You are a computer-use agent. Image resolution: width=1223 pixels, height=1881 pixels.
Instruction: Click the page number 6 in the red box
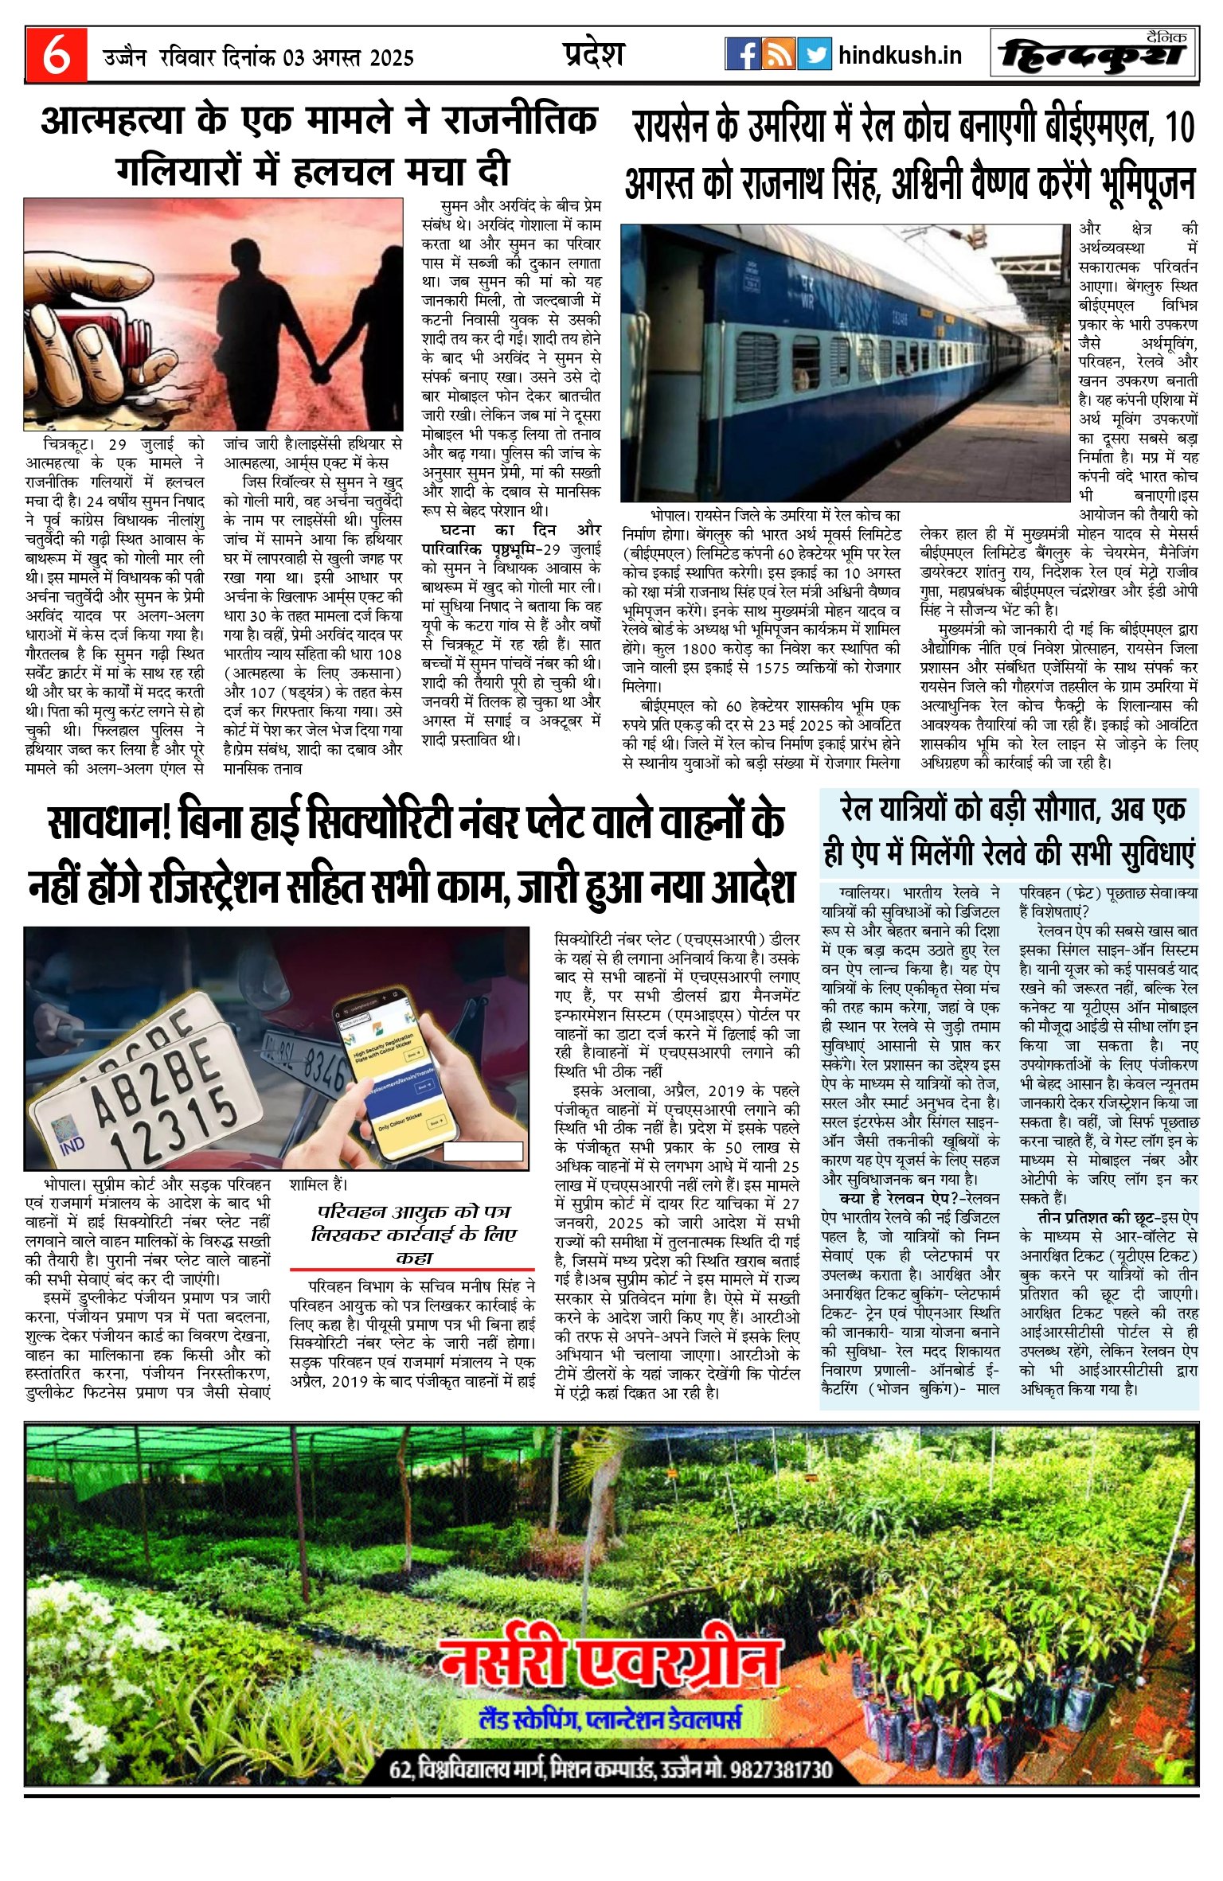click(x=56, y=56)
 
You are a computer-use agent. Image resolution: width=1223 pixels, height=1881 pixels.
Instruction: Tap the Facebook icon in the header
click(x=742, y=54)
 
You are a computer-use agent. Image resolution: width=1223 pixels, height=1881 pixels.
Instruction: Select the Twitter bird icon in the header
click(x=814, y=54)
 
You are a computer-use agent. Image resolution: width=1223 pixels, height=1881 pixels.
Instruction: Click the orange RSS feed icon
click(x=778, y=54)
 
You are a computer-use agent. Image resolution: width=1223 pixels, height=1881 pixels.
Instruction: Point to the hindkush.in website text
click(x=900, y=55)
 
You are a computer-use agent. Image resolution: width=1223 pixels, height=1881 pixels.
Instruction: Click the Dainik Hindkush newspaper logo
click(x=1093, y=54)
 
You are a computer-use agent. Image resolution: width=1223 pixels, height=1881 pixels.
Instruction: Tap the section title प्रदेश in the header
click(x=593, y=54)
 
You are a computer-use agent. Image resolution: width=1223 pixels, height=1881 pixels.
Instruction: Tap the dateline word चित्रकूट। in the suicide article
click(x=70, y=444)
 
